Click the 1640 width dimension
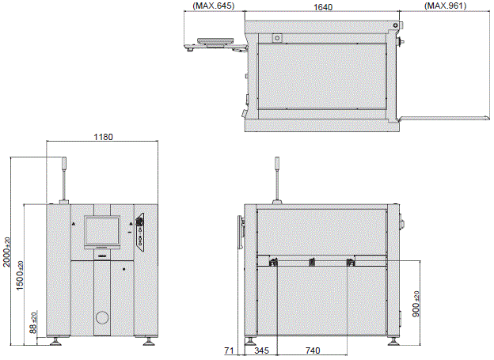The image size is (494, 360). click(323, 7)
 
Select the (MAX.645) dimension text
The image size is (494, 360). click(214, 6)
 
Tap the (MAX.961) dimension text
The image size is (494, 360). click(446, 6)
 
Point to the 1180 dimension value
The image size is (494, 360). click(104, 137)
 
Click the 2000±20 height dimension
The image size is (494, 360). click(6, 252)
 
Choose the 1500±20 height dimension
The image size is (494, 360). click(20, 275)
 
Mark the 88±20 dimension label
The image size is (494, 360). click(33, 323)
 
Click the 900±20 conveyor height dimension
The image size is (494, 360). click(416, 304)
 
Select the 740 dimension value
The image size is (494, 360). click(313, 351)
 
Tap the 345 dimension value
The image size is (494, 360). click(261, 351)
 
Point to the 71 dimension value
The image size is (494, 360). click(229, 351)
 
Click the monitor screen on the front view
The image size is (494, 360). click(102, 231)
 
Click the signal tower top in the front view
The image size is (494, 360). click(65, 162)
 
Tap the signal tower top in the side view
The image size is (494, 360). click(277, 162)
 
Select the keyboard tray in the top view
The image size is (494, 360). click(215, 41)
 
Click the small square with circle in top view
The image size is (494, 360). click(277, 39)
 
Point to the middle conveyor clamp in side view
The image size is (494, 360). click(312, 262)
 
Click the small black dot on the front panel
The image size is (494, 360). click(123, 269)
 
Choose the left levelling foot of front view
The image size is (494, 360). click(55, 342)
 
